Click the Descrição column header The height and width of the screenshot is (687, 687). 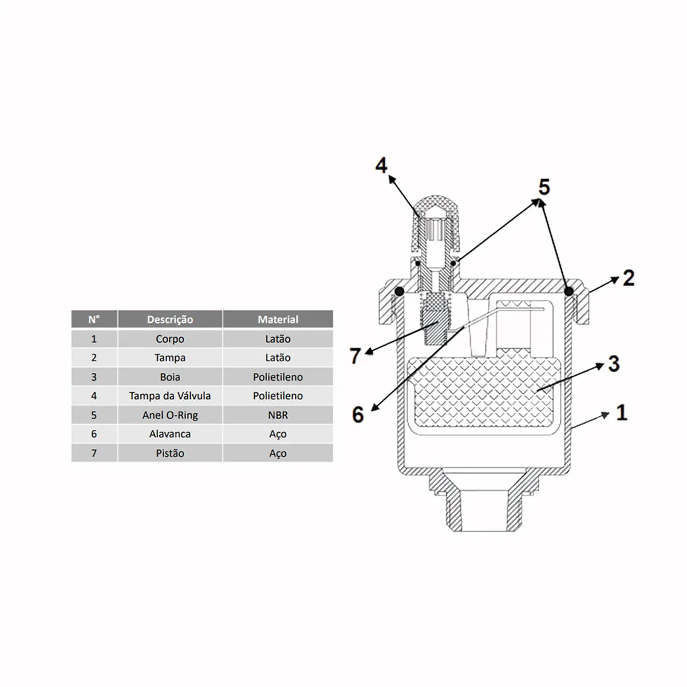point(170,319)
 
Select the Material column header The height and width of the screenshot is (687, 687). point(278,319)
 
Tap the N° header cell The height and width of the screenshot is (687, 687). point(94,319)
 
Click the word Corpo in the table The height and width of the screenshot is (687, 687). point(170,339)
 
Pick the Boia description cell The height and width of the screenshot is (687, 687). point(170,377)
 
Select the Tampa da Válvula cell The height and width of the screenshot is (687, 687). point(170,396)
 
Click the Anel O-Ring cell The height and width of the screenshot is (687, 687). point(170,415)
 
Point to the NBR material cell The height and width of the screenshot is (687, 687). point(278,415)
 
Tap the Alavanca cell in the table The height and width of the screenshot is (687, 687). point(170,434)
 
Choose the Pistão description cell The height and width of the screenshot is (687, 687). point(170,453)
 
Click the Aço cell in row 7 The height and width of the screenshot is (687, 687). point(278,453)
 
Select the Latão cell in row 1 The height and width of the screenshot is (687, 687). point(278,339)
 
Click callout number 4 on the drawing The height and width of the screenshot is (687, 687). point(381,166)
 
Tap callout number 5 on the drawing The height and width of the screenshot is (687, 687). point(544,187)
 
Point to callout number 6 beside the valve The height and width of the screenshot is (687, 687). point(358,414)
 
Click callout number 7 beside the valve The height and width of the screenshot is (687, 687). point(355,356)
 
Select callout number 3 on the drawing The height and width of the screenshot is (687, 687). point(614,364)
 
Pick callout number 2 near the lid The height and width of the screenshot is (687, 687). point(629,278)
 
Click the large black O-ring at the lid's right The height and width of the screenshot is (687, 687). point(568,291)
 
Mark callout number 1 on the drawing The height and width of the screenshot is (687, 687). point(622,412)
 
